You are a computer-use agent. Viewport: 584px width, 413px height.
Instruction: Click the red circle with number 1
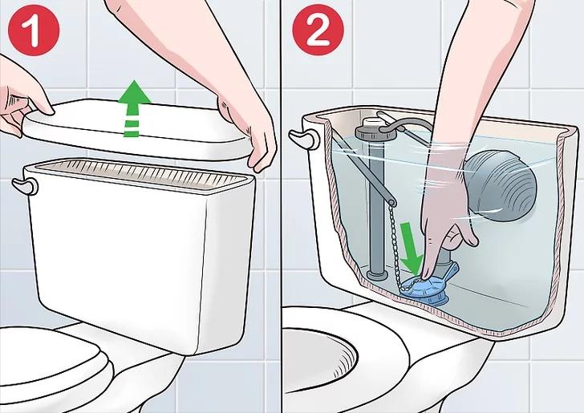34,30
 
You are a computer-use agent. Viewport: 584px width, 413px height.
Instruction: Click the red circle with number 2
318,30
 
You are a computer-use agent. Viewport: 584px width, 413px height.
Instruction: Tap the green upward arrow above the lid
135,108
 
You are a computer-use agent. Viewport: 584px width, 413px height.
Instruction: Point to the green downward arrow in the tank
412,246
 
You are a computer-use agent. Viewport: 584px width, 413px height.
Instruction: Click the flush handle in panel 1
25,186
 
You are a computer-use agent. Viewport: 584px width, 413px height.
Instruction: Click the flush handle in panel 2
304,138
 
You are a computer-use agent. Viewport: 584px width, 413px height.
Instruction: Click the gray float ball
501,187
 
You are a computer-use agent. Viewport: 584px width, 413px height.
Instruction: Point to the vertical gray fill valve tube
376,209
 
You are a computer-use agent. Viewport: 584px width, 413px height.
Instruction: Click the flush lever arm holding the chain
361,168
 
